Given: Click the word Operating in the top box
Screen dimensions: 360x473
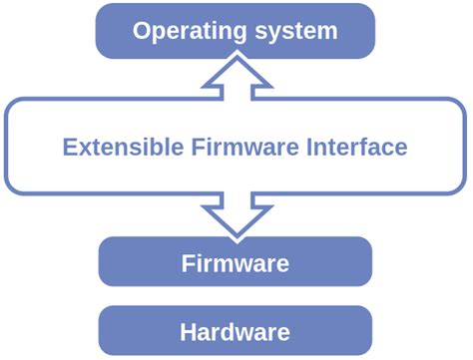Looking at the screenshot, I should (187, 31).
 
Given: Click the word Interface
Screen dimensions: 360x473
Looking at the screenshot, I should (360, 148).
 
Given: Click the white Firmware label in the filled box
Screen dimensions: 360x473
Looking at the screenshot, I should (236, 264).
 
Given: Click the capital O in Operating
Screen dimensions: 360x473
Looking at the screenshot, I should (143, 31).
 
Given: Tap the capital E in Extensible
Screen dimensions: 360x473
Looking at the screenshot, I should (68, 148).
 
